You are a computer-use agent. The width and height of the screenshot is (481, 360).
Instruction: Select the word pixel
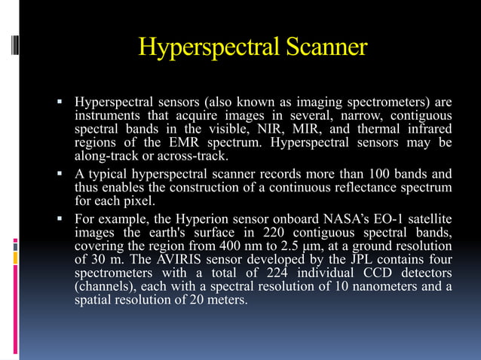[x=136, y=201]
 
